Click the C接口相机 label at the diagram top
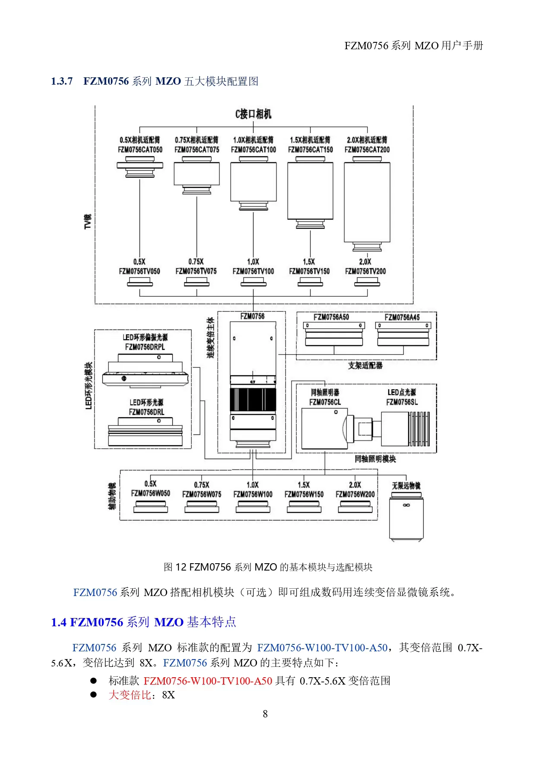tap(253, 114)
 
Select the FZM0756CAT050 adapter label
tap(140, 150)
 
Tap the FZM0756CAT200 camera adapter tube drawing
tap(367, 203)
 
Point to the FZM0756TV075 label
tap(196, 271)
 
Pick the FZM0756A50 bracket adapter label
tap(331, 317)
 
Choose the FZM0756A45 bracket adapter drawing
tap(403, 334)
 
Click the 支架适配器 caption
tap(365, 365)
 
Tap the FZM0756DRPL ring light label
tap(145, 347)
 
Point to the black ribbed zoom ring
tap(253, 400)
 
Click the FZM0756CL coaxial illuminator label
tap(325, 402)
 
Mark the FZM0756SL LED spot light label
tap(402, 402)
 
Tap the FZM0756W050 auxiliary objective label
tap(150, 493)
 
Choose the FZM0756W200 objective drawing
tap(355, 507)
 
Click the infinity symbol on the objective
tap(406, 505)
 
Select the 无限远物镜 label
tap(406, 486)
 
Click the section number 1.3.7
tap(62, 81)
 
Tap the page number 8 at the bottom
tap(265, 714)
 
